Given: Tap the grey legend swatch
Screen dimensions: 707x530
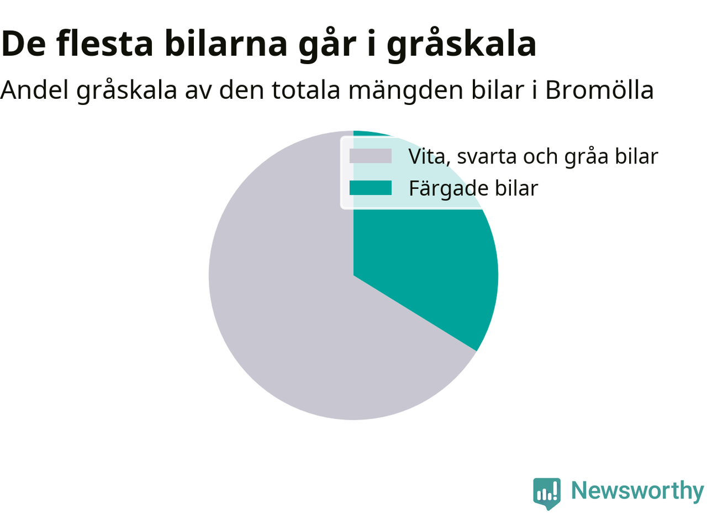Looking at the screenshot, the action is pos(371,156).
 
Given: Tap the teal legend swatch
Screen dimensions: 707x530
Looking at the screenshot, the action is pos(371,188).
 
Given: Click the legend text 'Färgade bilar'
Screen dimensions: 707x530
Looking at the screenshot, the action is pos(473,189).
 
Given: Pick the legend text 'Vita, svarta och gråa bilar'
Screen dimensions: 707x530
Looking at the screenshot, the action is pos(534,157).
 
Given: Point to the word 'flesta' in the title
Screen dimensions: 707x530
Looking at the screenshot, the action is pos(104,44).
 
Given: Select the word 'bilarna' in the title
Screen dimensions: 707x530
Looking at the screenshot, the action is pos(226,44).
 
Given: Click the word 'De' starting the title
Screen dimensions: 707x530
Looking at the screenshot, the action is pos(23,44).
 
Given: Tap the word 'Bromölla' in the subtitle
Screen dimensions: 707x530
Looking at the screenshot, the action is pos(599,90).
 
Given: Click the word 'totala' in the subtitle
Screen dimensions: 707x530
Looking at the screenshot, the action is pos(306,91).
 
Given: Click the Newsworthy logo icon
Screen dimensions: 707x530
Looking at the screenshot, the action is pos(547,494).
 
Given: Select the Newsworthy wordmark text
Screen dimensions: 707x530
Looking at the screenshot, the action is pos(637,491).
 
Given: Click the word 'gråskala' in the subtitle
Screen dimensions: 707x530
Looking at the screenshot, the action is pos(126,91).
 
